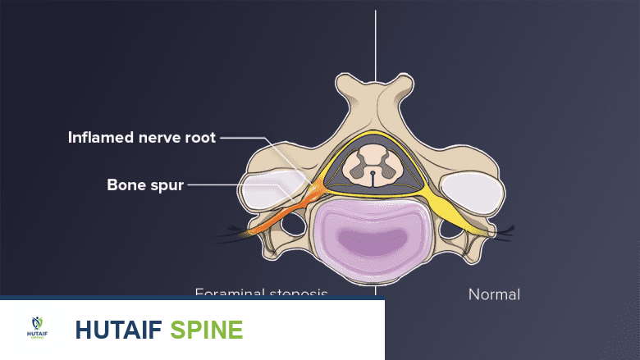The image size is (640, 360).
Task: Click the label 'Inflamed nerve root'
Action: pos(141,138)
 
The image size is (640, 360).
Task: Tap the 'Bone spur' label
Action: pos(144,184)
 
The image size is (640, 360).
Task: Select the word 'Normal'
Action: pos(494,294)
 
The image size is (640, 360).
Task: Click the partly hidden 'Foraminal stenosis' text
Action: pos(261,292)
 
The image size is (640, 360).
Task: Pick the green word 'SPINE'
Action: pos(206,330)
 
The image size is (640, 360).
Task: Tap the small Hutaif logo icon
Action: pos(38,329)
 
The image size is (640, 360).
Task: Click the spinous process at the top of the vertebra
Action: pos(376,87)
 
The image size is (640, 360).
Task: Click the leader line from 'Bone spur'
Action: pos(238,184)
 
